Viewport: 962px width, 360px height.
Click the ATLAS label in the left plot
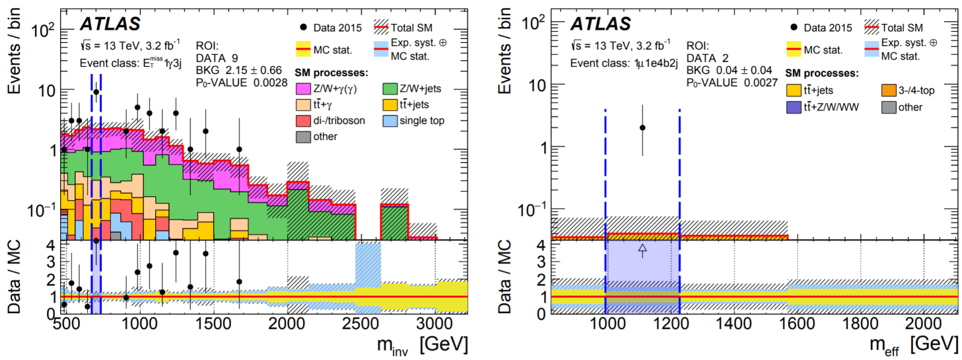coord(110,24)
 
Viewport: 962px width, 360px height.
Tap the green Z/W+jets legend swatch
coord(392,88)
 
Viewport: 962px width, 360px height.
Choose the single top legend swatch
coord(392,120)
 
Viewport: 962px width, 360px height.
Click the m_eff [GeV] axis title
coord(911,345)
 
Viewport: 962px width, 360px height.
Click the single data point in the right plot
coord(642,127)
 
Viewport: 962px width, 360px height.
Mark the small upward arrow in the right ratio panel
coord(642,249)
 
